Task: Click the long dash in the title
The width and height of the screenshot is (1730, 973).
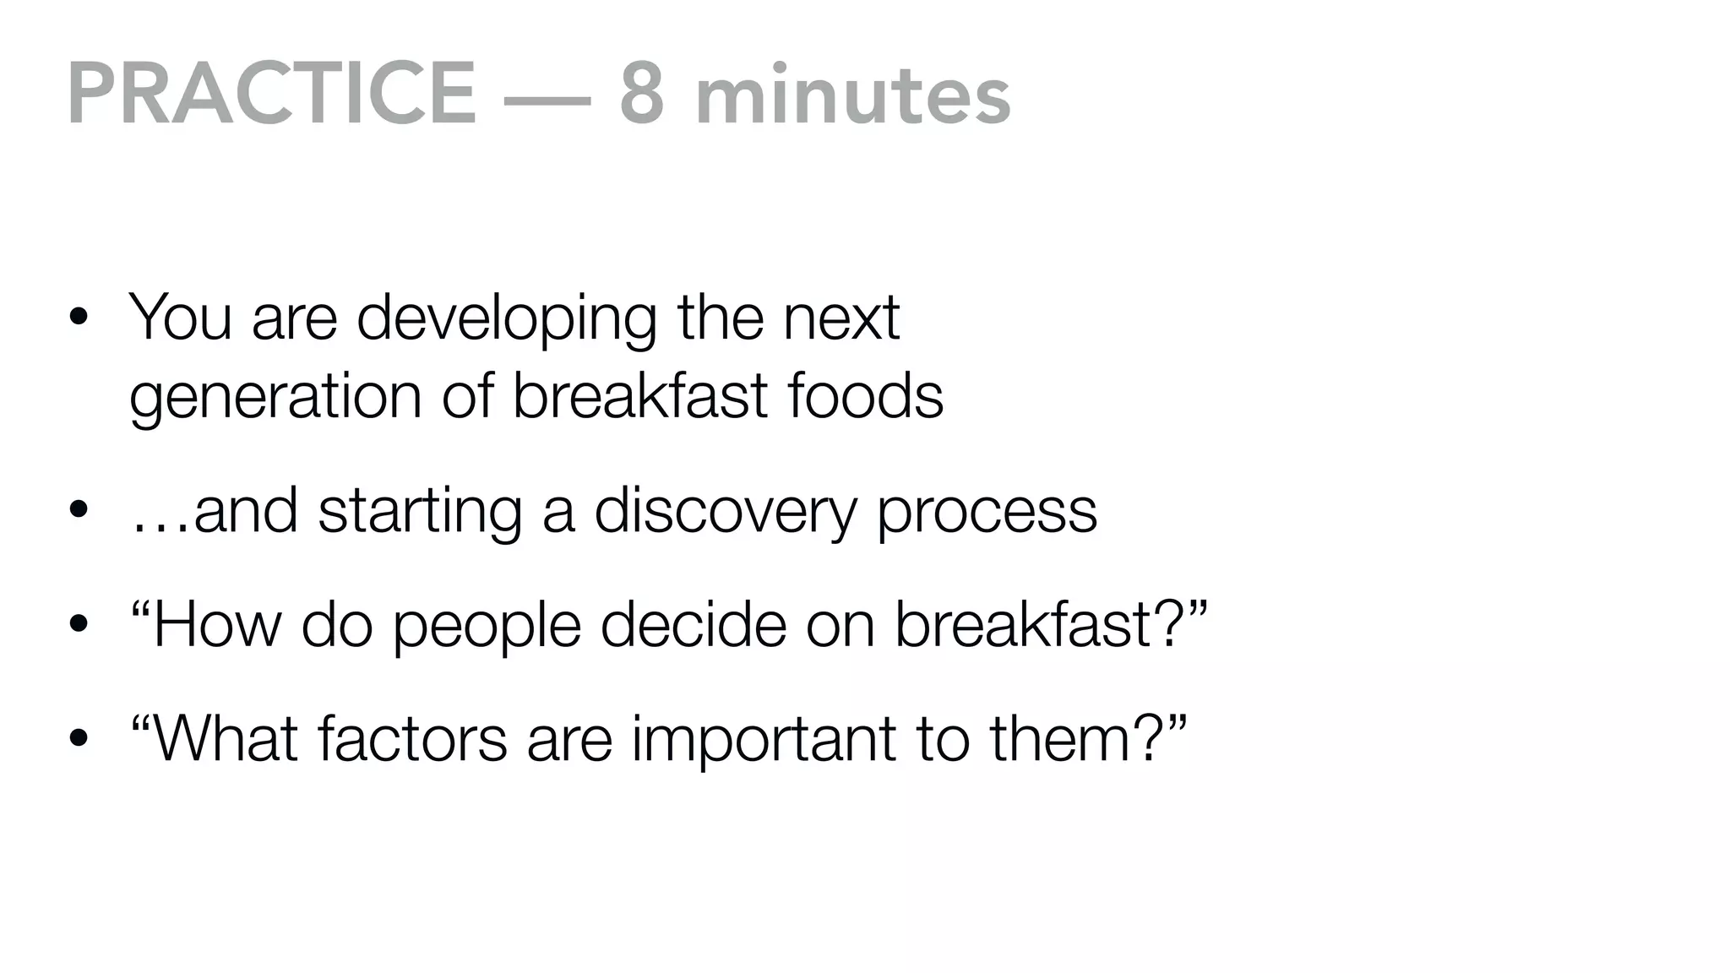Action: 547,100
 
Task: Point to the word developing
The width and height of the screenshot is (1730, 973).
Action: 506,319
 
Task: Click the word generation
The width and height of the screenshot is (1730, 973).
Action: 275,397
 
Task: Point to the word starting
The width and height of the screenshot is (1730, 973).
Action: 420,512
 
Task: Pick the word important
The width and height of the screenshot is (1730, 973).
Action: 764,740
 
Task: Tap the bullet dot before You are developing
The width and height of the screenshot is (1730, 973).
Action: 79,318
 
